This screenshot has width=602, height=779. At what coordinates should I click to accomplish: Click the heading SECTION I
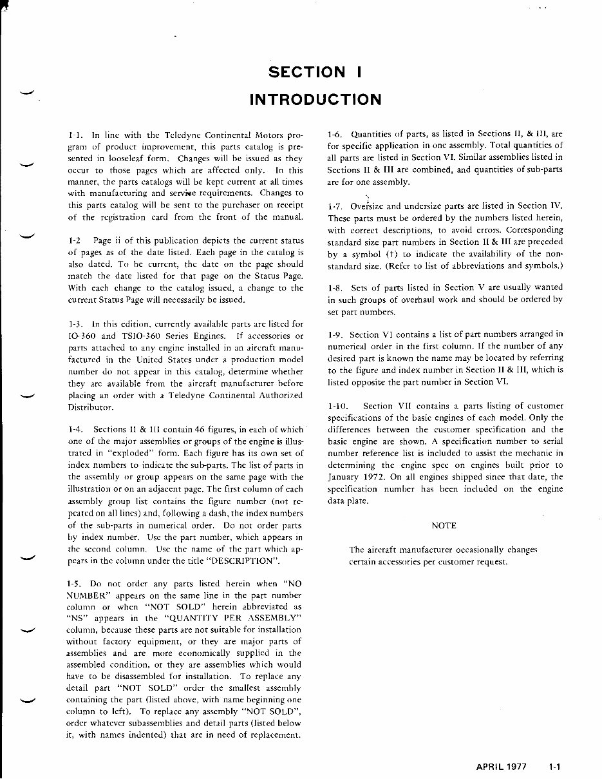pyautogui.click(x=315, y=72)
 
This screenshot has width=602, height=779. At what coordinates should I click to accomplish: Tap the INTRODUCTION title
pyautogui.click(x=315, y=100)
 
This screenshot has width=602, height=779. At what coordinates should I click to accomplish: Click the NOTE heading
pyautogui.click(x=444, y=526)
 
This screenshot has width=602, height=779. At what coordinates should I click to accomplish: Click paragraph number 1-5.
pyautogui.click(x=73, y=584)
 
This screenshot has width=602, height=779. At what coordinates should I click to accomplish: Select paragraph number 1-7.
pyautogui.click(x=334, y=206)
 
